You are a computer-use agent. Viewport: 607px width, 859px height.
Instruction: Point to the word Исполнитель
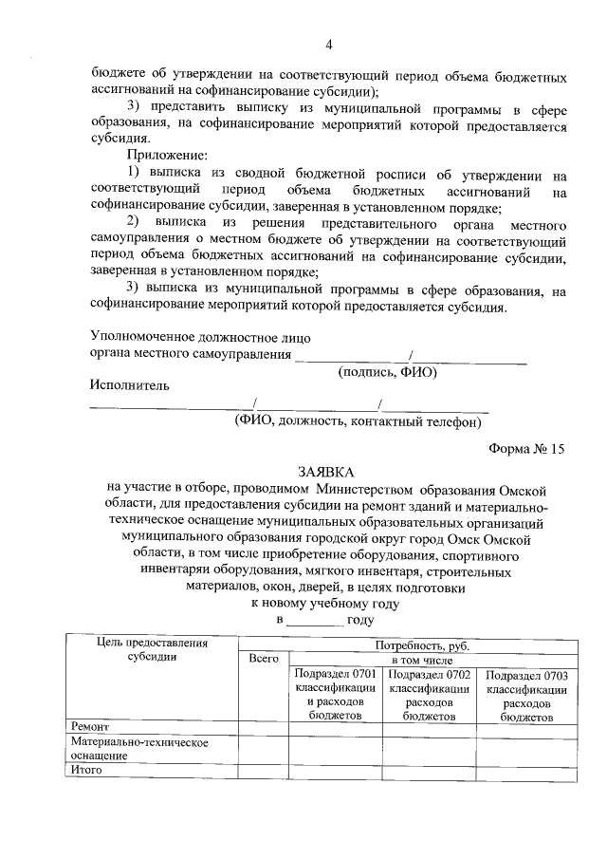(130, 386)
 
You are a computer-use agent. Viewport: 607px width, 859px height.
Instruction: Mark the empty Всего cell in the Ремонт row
(263, 728)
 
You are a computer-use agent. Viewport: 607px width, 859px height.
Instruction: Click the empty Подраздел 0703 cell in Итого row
(525, 772)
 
